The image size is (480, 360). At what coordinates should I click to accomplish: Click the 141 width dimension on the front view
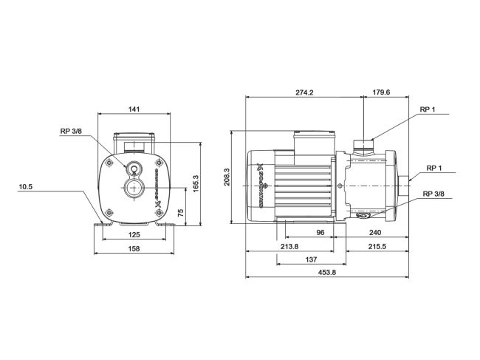click(134, 109)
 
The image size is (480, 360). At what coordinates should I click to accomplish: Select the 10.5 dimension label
click(27, 187)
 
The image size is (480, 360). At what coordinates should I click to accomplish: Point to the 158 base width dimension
click(133, 249)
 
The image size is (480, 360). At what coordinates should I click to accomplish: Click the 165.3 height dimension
click(196, 182)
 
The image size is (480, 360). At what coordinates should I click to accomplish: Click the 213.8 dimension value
click(289, 246)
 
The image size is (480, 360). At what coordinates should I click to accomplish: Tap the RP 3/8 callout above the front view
click(72, 132)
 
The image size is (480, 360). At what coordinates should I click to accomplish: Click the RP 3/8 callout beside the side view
click(433, 194)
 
